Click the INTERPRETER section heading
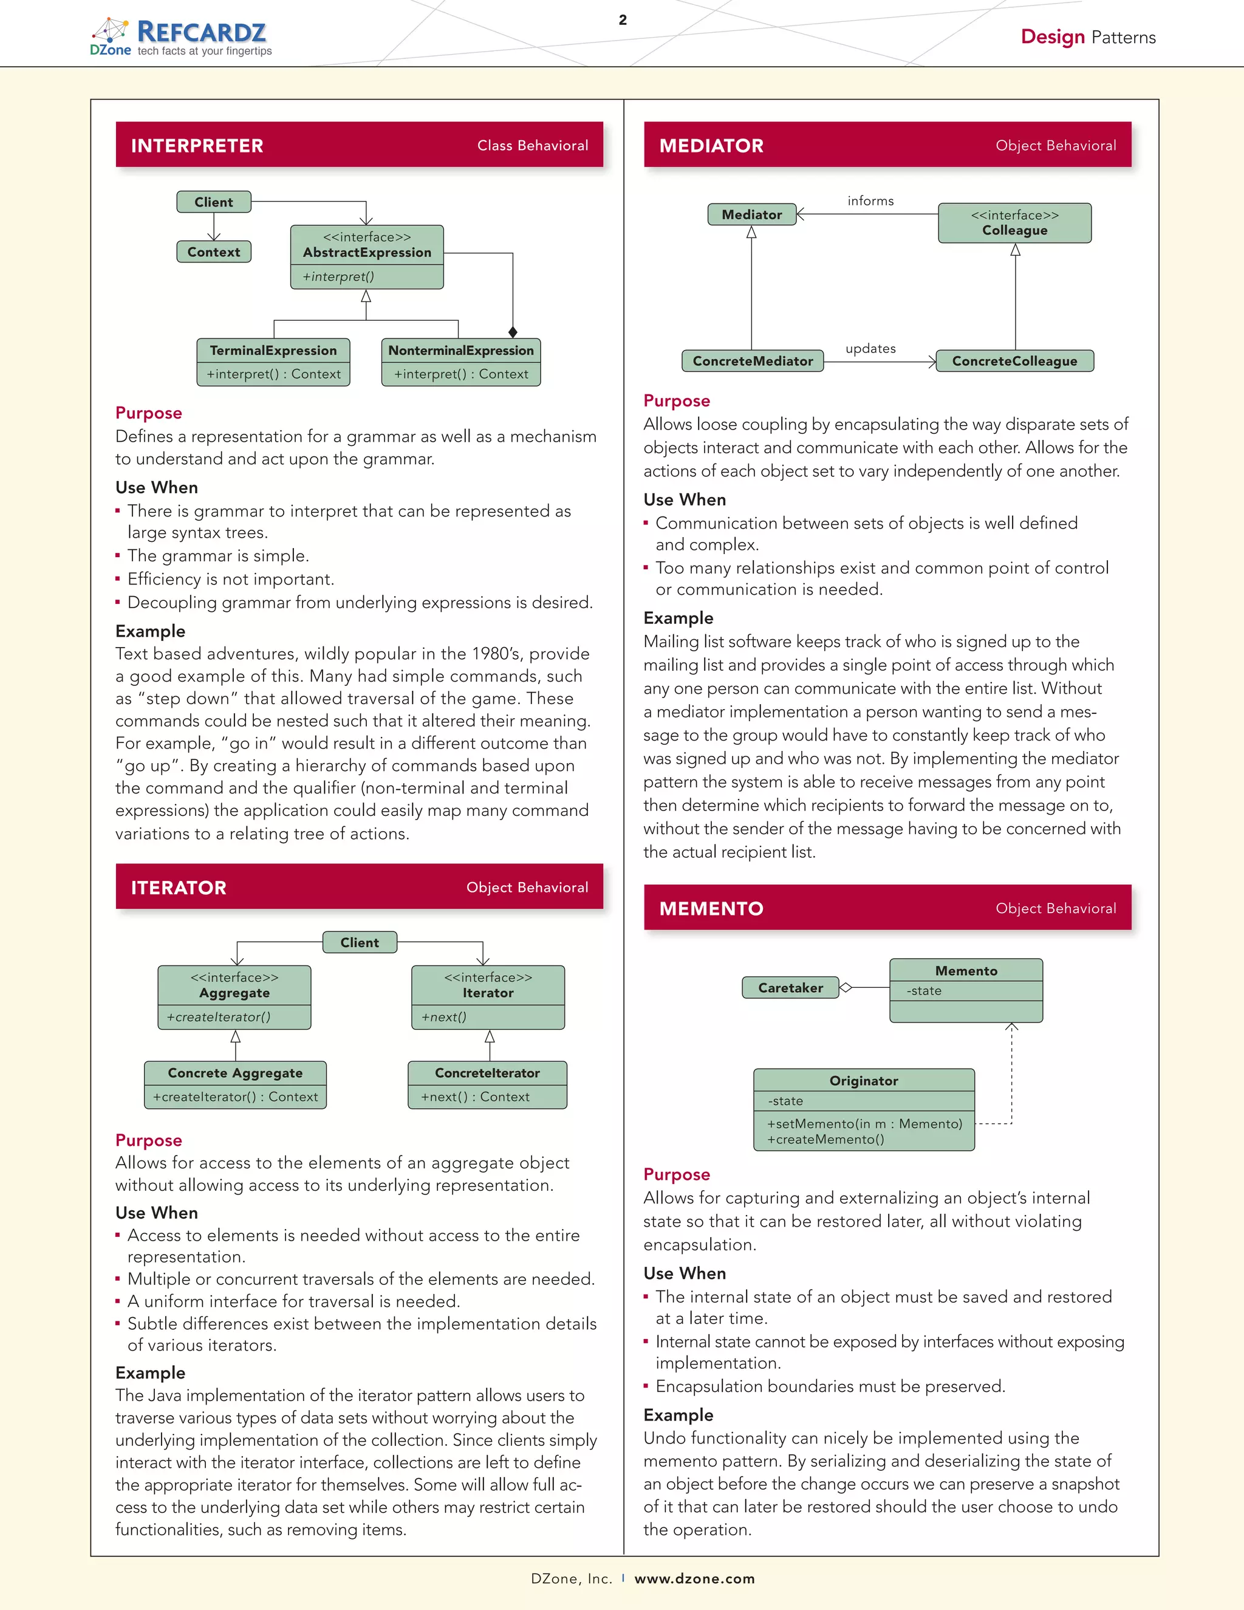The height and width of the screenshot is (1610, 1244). pyautogui.click(x=197, y=146)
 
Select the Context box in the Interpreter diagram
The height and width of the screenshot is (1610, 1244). pyautogui.click(x=214, y=252)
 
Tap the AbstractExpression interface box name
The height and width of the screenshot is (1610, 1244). pyautogui.click(x=367, y=253)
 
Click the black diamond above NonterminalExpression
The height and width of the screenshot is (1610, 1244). pyautogui.click(x=513, y=332)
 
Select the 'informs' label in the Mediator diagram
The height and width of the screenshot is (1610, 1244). pyautogui.click(x=870, y=201)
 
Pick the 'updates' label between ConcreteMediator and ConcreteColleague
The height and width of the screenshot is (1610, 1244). pyautogui.click(x=870, y=349)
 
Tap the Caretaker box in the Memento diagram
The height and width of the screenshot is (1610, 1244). pyautogui.click(x=790, y=988)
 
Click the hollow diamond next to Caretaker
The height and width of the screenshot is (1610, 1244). pyautogui.click(x=846, y=988)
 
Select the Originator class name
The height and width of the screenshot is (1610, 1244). pyautogui.click(x=864, y=1081)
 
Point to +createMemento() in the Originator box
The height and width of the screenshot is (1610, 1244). pyautogui.click(x=825, y=1140)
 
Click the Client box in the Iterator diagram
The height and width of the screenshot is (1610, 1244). pyautogui.click(x=360, y=943)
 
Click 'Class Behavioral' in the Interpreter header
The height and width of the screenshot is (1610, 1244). pyautogui.click(x=532, y=146)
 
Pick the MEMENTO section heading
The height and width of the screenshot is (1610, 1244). pyautogui.click(x=711, y=909)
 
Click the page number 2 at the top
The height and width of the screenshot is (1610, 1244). pyautogui.click(x=623, y=20)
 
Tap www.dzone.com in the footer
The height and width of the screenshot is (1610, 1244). pyautogui.click(x=694, y=1578)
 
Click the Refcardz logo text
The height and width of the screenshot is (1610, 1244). pyautogui.click(x=201, y=32)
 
